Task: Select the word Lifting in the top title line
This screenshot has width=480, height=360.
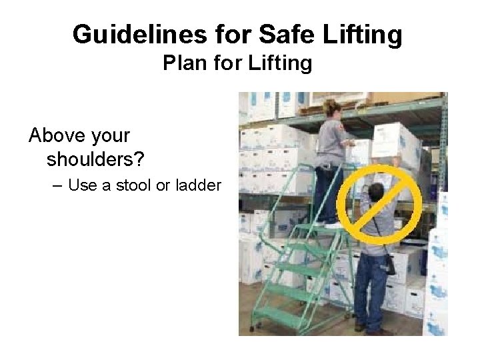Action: coord(363,35)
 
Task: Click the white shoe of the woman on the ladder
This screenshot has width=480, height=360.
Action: coord(332,225)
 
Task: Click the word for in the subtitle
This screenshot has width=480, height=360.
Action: coord(229,65)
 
